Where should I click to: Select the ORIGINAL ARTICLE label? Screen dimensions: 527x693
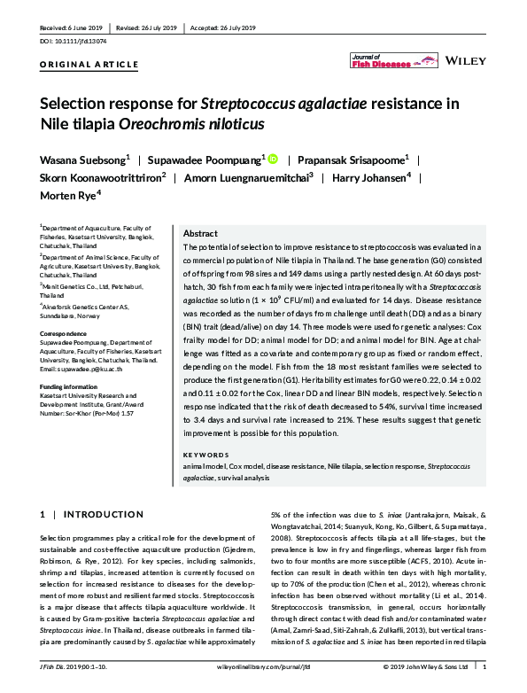click(x=89, y=65)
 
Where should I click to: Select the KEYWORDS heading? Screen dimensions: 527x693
click(x=208, y=455)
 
